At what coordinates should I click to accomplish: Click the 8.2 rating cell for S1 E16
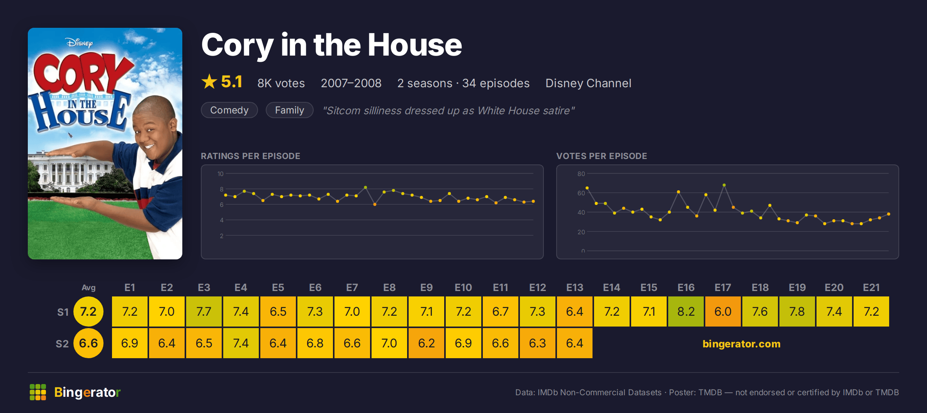[686, 311]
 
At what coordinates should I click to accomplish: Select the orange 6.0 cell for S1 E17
[723, 311]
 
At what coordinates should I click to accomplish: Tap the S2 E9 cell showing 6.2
[426, 343]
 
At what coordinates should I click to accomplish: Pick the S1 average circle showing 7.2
[88, 311]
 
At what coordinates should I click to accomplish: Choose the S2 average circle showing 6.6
[88, 343]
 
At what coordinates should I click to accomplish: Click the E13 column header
[575, 288]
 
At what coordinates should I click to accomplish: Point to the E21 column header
[871, 288]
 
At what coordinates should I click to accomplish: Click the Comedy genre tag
[229, 110]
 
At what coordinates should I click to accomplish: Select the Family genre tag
[290, 110]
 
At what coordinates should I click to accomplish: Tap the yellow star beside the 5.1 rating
[209, 81]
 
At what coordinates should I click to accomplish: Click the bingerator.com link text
[742, 344]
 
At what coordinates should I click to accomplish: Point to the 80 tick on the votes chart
[581, 174]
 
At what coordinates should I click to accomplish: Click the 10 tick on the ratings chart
[221, 174]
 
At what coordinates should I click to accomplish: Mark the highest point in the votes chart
[724, 185]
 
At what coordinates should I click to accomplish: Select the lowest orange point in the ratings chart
[375, 204]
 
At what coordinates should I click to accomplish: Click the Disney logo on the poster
[79, 42]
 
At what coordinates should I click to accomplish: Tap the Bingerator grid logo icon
[38, 392]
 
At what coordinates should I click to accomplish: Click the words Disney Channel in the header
[588, 83]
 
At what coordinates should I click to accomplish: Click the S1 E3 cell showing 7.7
[204, 311]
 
